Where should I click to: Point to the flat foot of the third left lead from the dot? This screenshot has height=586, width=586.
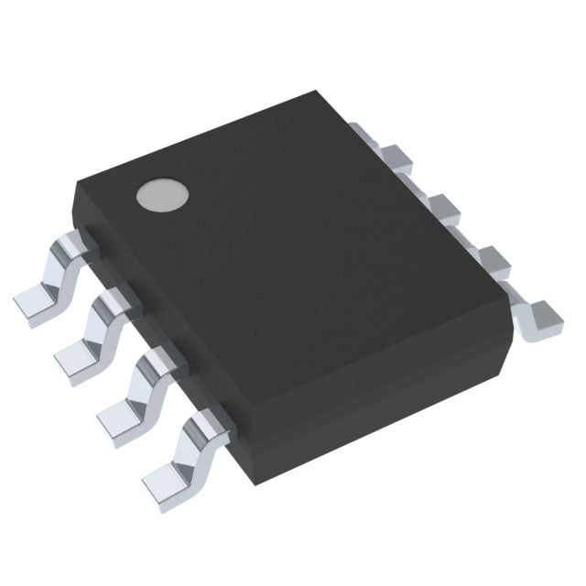(x=117, y=417)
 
